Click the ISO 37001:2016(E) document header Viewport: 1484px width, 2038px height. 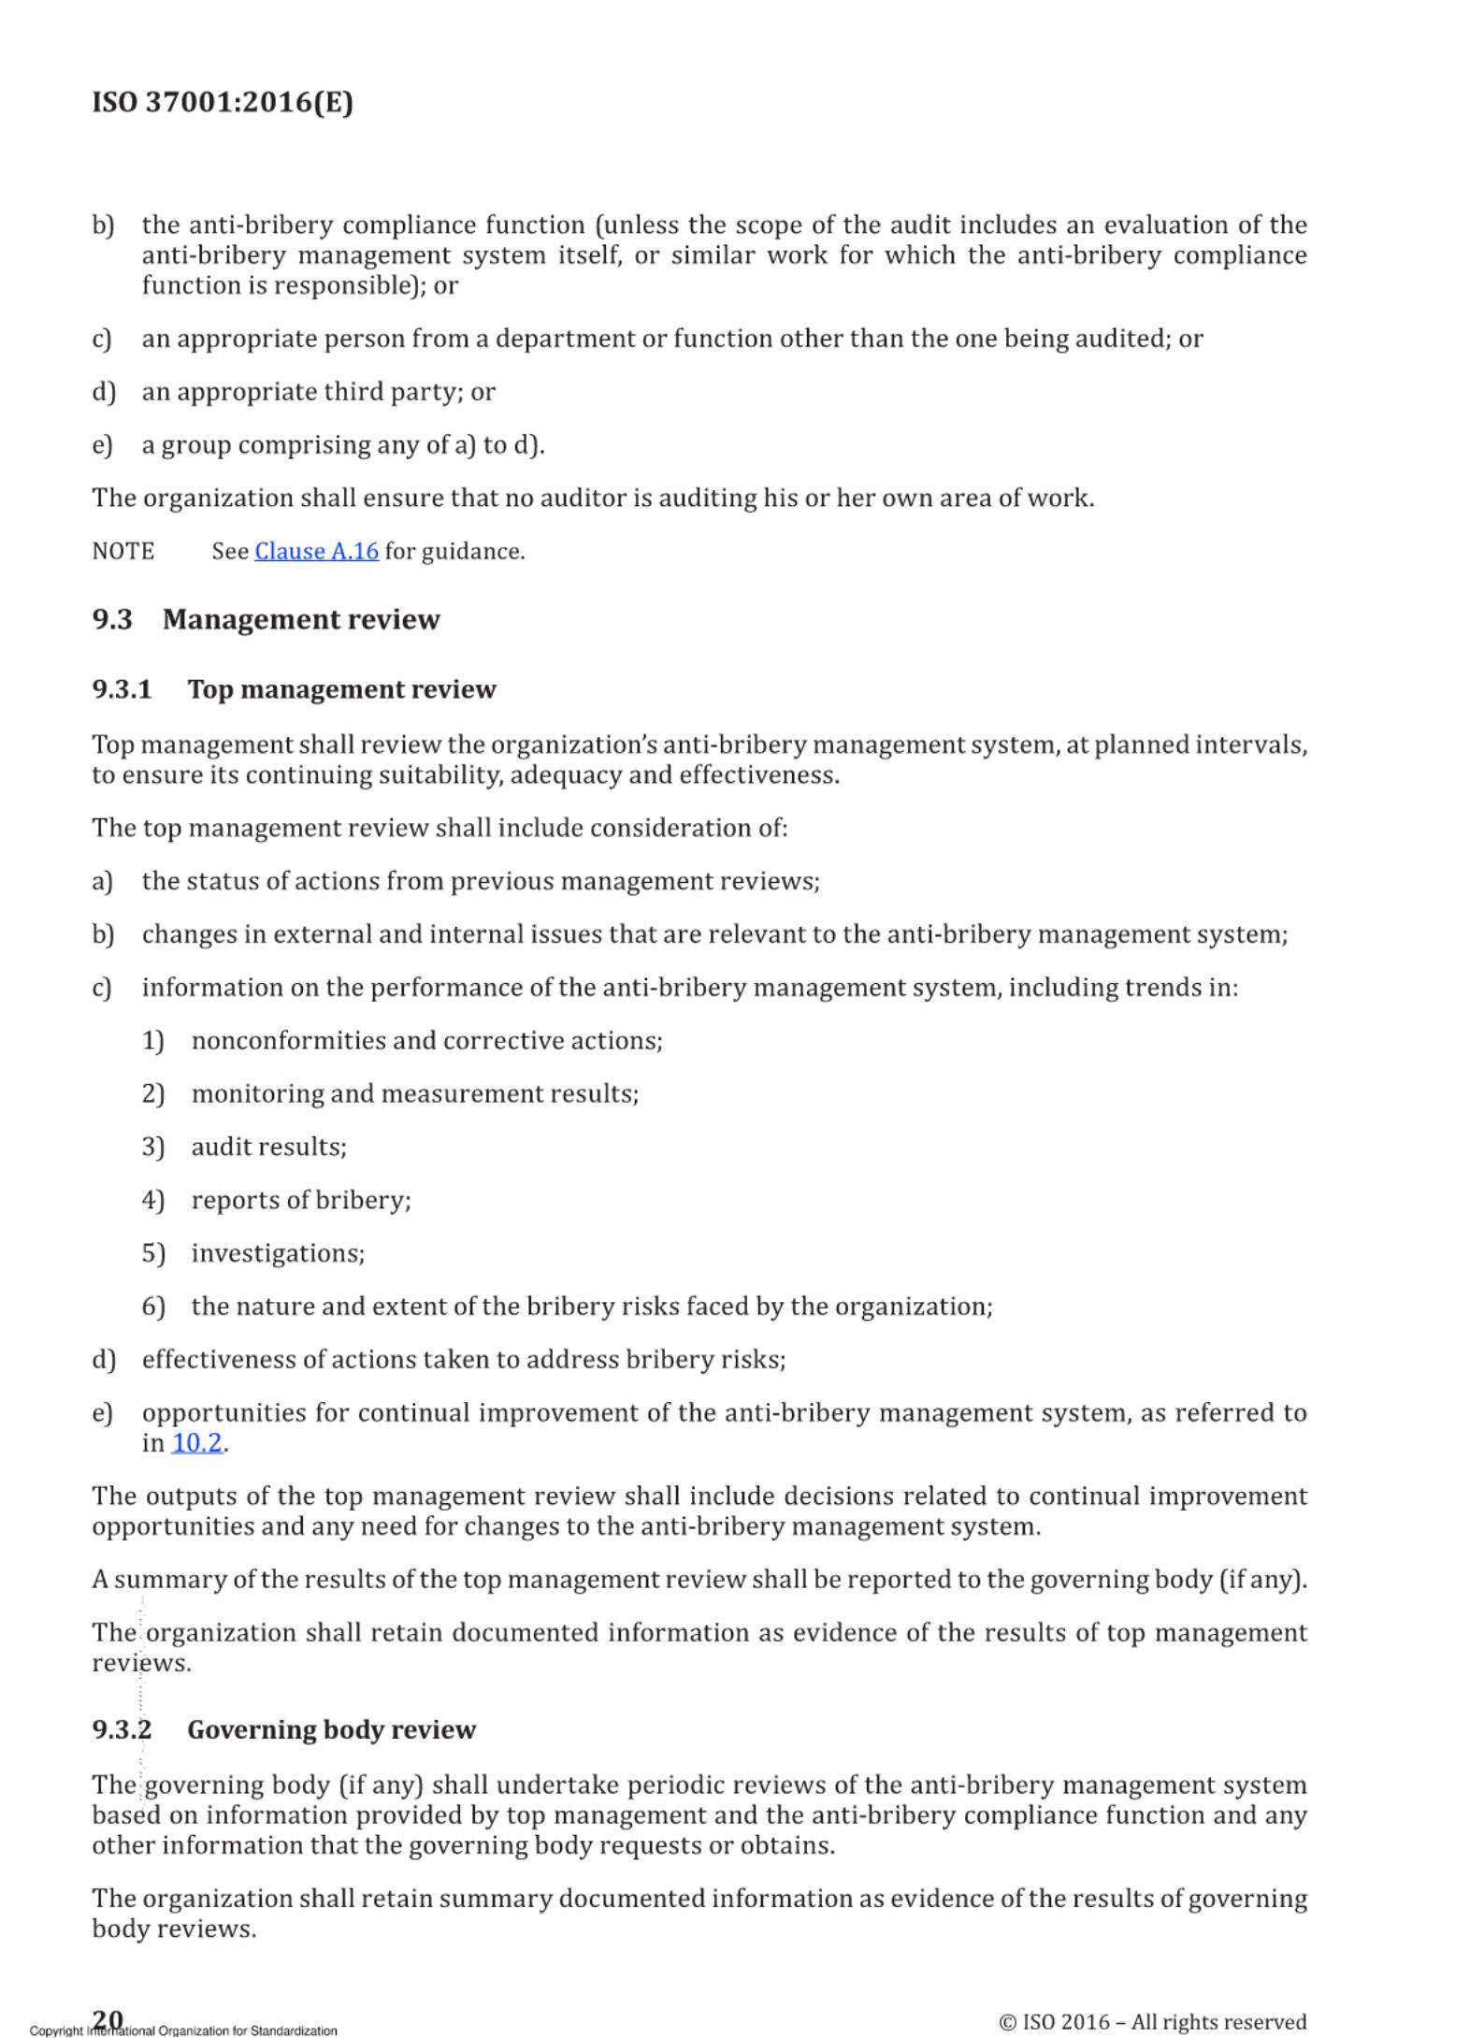tap(223, 102)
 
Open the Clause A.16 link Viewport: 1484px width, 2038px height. tap(316, 552)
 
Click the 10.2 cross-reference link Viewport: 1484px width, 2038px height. tap(196, 1443)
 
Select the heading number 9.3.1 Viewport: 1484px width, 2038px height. tap(122, 689)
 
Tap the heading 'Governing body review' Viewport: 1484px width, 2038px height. tap(331, 1730)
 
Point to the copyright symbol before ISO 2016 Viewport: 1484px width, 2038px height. tap(1007, 2022)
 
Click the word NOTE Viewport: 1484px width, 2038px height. tap(122, 552)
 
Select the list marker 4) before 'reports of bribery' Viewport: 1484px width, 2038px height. tap(152, 1200)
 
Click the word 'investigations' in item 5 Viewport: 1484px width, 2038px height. tap(277, 1253)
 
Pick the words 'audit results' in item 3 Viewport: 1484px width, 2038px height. tap(268, 1148)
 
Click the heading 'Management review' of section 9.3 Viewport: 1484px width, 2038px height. tap(300, 620)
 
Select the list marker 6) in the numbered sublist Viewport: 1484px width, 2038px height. tap(152, 1307)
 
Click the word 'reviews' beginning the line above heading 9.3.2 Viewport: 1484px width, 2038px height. tap(140, 1664)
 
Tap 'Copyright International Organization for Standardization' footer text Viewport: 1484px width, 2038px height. tap(183, 2031)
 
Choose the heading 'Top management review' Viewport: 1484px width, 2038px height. tap(341, 689)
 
